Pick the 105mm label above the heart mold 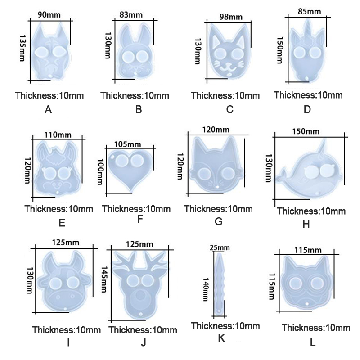(x=128, y=144)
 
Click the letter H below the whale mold (x=306, y=224)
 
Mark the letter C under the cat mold (x=229, y=109)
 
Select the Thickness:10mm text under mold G (x=218, y=209)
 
